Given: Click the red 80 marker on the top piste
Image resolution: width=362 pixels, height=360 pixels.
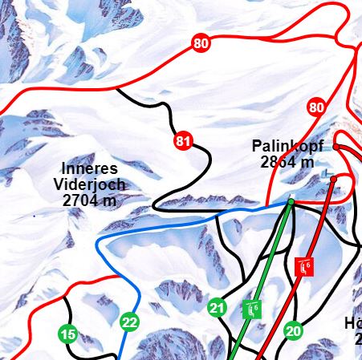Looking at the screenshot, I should click(x=201, y=43).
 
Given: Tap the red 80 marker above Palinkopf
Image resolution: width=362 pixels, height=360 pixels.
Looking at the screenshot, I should click(x=316, y=107).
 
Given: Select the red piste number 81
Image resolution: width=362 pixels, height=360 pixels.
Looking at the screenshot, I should click(x=184, y=142).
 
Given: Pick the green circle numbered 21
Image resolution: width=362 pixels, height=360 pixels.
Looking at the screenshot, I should click(x=217, y=307).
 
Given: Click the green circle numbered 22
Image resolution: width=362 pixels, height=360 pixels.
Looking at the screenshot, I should click(x=129, y=323).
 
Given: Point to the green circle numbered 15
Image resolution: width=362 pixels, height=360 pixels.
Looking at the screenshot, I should click(x=68, y=334).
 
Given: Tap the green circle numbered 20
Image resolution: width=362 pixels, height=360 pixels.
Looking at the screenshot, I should click(x=293, y=330).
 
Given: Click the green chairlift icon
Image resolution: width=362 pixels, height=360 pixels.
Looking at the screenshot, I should click(x=253, y=308).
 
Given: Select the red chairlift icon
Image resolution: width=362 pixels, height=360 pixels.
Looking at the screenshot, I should click(x=303, y=267).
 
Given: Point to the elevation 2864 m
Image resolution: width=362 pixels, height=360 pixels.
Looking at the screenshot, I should click(x=287, y=162).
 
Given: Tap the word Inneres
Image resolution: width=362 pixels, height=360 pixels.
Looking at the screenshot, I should click(x=90, y=168).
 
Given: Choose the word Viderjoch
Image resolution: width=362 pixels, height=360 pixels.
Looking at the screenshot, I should click(x=89, y=184).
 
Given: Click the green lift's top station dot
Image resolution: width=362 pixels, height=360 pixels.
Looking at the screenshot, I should click(x=291, y=200).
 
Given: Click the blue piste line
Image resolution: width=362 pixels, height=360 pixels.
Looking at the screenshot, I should click(x=161, y=228).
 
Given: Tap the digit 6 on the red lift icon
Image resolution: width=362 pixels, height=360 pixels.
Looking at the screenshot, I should click(x=307, y=264).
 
